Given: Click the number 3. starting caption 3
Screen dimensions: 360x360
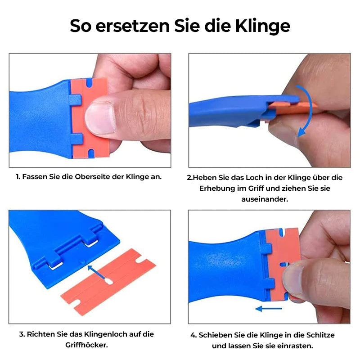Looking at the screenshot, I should (x=22, y=334).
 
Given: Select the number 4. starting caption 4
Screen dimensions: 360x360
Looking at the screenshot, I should (x=193, y=335).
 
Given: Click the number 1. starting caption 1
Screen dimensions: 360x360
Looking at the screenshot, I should (x=18, y=177).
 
